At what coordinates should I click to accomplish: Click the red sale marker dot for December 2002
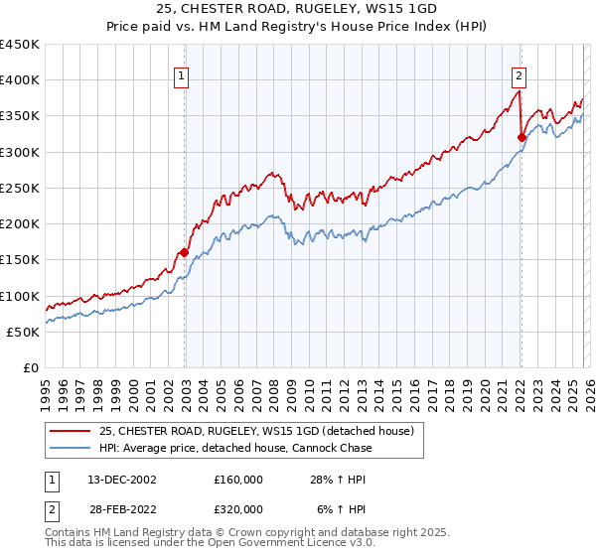[184, 252]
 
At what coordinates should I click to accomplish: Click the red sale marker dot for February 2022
[521, 137]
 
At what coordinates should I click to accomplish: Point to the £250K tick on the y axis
[20, 188]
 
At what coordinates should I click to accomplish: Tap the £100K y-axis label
[20, 296]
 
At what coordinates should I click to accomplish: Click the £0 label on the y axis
[30, 368]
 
